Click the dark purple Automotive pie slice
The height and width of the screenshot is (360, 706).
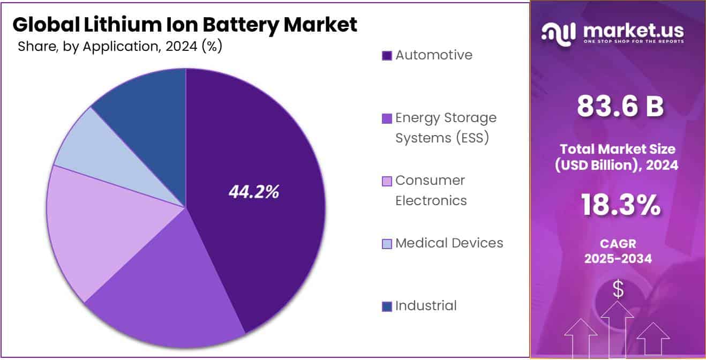(x=268, y=161)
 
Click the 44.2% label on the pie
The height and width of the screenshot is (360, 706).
(x=253, y=192)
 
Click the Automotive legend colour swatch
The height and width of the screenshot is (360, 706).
(x=387, y=56)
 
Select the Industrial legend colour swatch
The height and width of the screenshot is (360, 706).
(x=387, y=306)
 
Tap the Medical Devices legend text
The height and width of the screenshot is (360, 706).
(x=449, y=243)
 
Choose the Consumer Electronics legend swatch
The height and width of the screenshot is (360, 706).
(x=387, y=181)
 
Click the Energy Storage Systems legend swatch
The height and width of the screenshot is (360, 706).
(x=387, y=118)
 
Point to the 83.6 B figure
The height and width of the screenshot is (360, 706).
(x=620, y=106)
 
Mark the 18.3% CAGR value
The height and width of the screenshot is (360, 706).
(x=620, y=206)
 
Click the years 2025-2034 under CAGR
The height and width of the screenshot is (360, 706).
(x=618, y=259)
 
